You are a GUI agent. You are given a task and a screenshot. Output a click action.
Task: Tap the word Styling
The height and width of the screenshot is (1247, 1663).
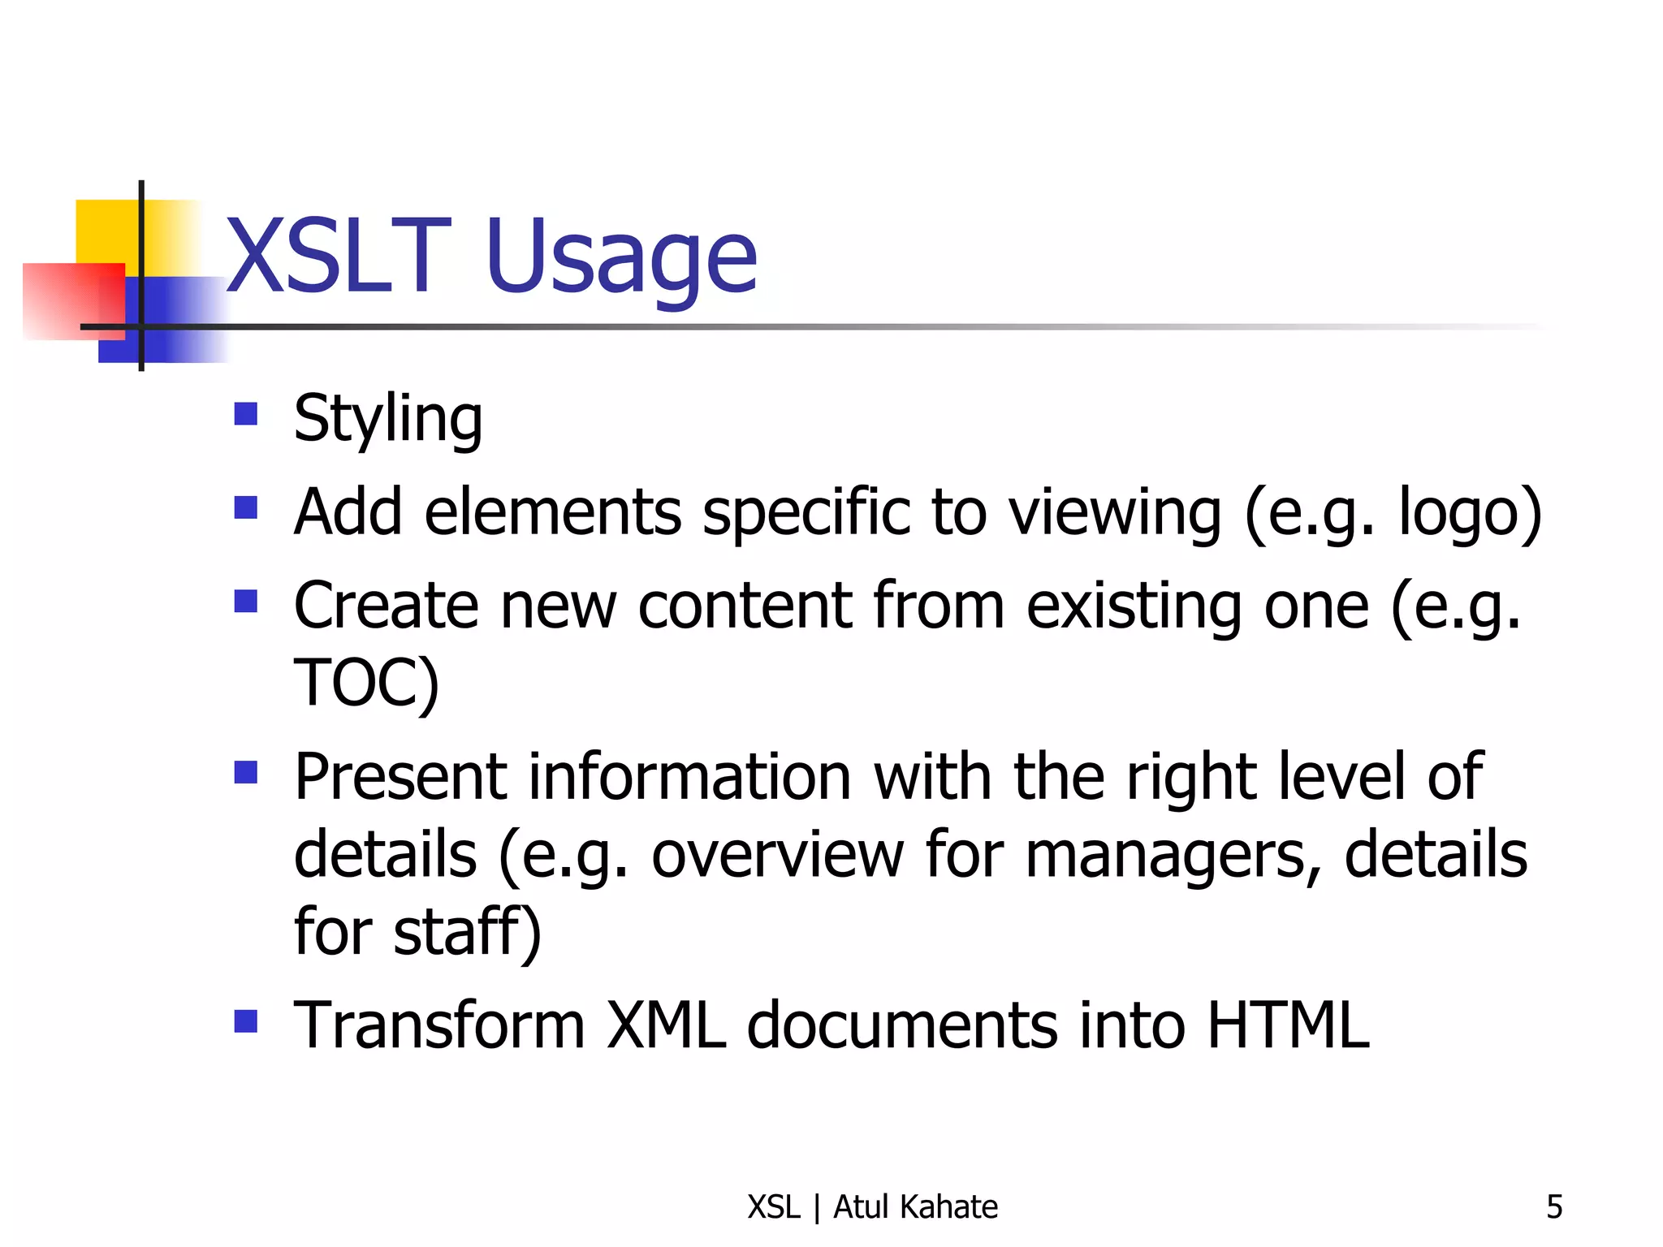pos(388,420)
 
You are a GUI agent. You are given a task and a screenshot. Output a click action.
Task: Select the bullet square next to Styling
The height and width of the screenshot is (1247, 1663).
pos(245,415)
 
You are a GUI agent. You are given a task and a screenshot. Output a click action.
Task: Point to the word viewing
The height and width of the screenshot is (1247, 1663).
pos(1115,515)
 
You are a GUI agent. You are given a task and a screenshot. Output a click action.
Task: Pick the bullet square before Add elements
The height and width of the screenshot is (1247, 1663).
pos(245,508)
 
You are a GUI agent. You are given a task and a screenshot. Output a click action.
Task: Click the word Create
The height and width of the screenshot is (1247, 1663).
pos(387,606)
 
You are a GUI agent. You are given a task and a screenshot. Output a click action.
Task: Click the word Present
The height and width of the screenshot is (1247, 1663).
pos(400,777)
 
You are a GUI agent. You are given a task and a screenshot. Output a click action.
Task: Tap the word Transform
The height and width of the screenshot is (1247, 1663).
pos(439,1025)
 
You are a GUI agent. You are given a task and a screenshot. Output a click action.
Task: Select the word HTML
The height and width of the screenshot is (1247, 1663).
pos(1289,1025)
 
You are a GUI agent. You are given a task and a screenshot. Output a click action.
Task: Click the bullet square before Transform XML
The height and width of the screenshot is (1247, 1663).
pos(245,1020)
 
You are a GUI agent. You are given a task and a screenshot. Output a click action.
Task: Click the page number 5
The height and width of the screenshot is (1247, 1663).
pos(1554,1207)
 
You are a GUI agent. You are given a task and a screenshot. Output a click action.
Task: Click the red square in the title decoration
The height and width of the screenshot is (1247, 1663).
pos(73,300)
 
